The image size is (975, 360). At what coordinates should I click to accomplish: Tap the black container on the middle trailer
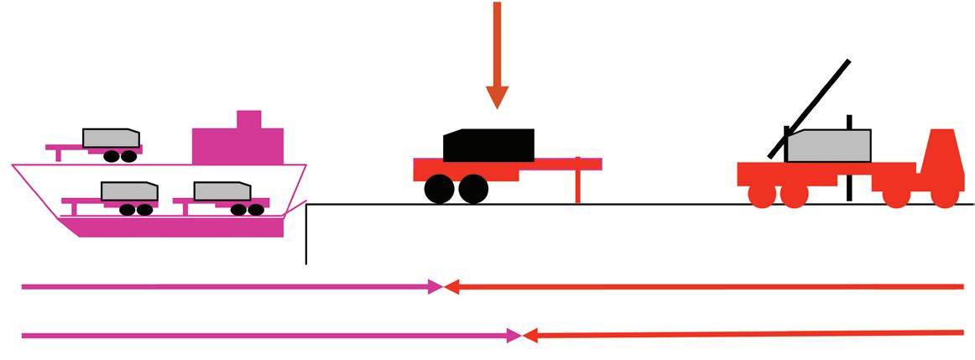pyautogui.click(x=490, y=145)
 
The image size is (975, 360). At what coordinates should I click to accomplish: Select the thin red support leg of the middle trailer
pyautogui.click(x=578, y=186)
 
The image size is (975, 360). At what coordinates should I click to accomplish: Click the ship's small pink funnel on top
pyautogui.click(x=249, y=119)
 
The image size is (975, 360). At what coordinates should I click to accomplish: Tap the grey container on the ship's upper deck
pyautogui.click(x=110, y=138)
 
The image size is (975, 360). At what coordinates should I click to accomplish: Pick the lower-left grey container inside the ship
pyautogui.click(x=128, y=191)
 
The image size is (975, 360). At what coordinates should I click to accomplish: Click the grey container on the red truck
pyautogui.click(x=828, y=146)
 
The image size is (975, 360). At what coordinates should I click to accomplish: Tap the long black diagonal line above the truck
pyautogui.click(x=810, y=108)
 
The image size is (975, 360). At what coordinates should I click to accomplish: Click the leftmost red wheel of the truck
pyautogui.click(x=761, y=195)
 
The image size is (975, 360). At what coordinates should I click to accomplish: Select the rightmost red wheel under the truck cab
pyautogui.click(x=943, y=195)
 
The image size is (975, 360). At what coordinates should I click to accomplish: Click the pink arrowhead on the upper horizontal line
pyautogui.click(x=435, y=287)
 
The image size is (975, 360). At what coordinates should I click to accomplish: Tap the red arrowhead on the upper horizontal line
pyautogui.click(x=451, y=287)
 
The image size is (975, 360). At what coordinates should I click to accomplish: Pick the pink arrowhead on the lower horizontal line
pyautogui.click(x=514, y=336)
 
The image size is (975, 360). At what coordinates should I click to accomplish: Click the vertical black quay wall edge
pyautogui.click(x=306, y=235)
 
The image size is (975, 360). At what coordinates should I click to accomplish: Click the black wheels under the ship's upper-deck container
pyautogui.click(x=117, y=156)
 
